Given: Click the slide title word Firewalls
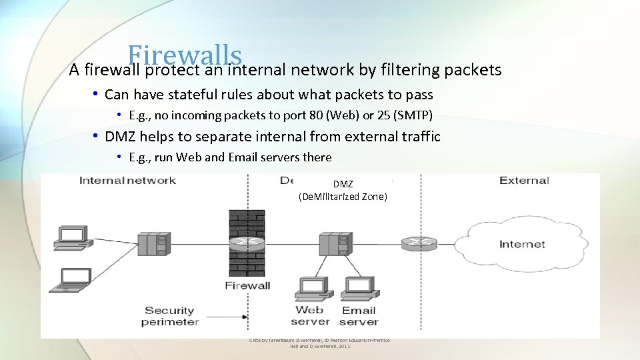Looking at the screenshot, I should pyautogui.click(x=184, y=55).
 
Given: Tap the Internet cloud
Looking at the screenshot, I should pyautogui.click(x=521, y=244).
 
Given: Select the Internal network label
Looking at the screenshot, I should pyautogui.click(x=127, y=180).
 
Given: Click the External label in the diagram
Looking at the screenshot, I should pyautogui.click(x=524, y=180).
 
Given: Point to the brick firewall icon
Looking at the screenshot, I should pyautogui.click(x=247, y=243).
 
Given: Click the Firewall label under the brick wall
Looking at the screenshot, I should pyautogui.click(x=247, y=286).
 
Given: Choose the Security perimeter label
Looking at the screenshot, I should pyautogui.click(x=170, y=316).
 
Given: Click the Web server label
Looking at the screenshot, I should pyautogui.click(x=310, y=316).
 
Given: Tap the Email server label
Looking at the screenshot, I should pyautogui.click(x=359, y=316).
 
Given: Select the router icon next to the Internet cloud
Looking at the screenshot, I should pyautogui.click(x=419, y=243).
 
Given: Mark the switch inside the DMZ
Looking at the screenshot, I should pyautogui.click(x=334, y=243).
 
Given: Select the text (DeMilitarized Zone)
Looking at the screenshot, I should pyautogui.click(x=343, y=197).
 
